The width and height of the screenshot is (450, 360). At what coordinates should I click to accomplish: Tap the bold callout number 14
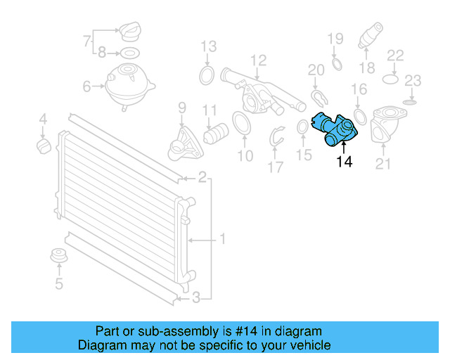(344, 162)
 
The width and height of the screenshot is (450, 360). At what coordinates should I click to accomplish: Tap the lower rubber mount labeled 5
(59, 257)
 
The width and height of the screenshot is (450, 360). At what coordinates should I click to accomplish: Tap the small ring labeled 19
(336, 65)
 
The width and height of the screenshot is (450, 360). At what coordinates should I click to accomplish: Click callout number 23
(413, 80)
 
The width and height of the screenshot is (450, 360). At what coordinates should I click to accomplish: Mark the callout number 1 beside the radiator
(222, 240)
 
